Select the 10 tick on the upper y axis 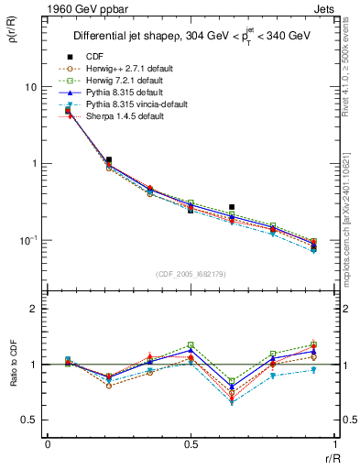coord(30,87)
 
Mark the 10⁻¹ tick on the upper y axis coord(27,240)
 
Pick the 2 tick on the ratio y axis coord(34,310)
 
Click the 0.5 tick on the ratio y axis coord(29,420)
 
